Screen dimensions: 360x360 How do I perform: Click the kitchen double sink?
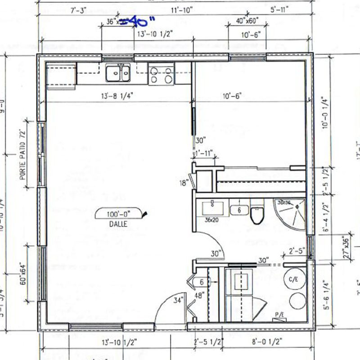point(118,73)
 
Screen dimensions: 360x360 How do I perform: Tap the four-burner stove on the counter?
point(161,75)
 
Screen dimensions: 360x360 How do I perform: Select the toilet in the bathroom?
point(256,215)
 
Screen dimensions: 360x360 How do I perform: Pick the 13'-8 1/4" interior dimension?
point(116,95)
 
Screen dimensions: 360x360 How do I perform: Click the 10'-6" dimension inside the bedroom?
point(233,95)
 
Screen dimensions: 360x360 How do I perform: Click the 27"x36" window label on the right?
point(346,247)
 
